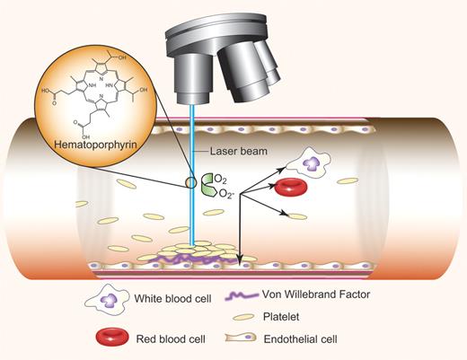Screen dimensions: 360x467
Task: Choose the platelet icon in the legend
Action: pyautogui.click(x=242, y=317)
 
